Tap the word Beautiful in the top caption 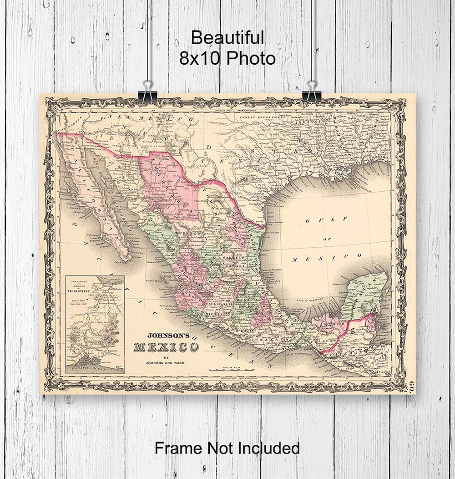tap(227, 38)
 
